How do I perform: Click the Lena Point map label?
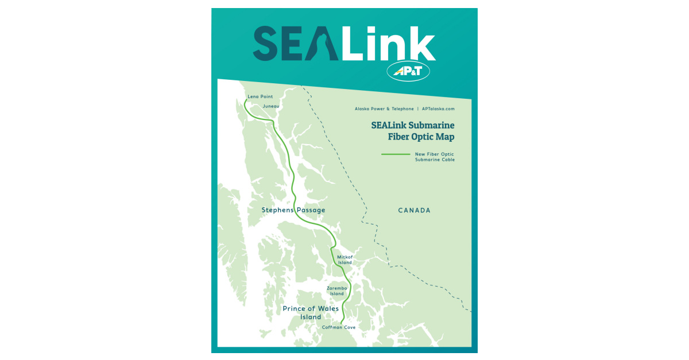click(260, 96)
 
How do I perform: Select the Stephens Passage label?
click(293, 210)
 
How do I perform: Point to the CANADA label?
click(414, 211)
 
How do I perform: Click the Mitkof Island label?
click(344, 260)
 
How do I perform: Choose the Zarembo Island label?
click(336, 291)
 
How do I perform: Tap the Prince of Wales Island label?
click(311, 312)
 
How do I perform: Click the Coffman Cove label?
click(338, 327)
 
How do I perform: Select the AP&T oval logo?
click(408, 71)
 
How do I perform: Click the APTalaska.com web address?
click(438, 109)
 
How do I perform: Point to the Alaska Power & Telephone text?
click(384, 109)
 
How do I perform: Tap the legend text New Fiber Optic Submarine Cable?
click(435, 157)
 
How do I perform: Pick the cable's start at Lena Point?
click(246, 100)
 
